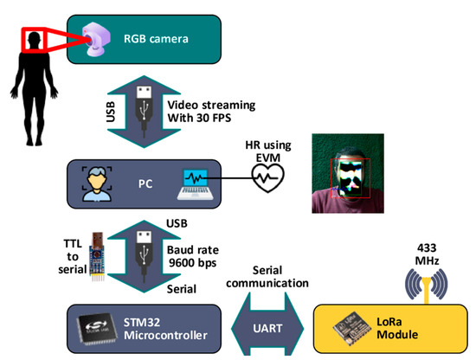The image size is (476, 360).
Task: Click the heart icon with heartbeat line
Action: point(264,177)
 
